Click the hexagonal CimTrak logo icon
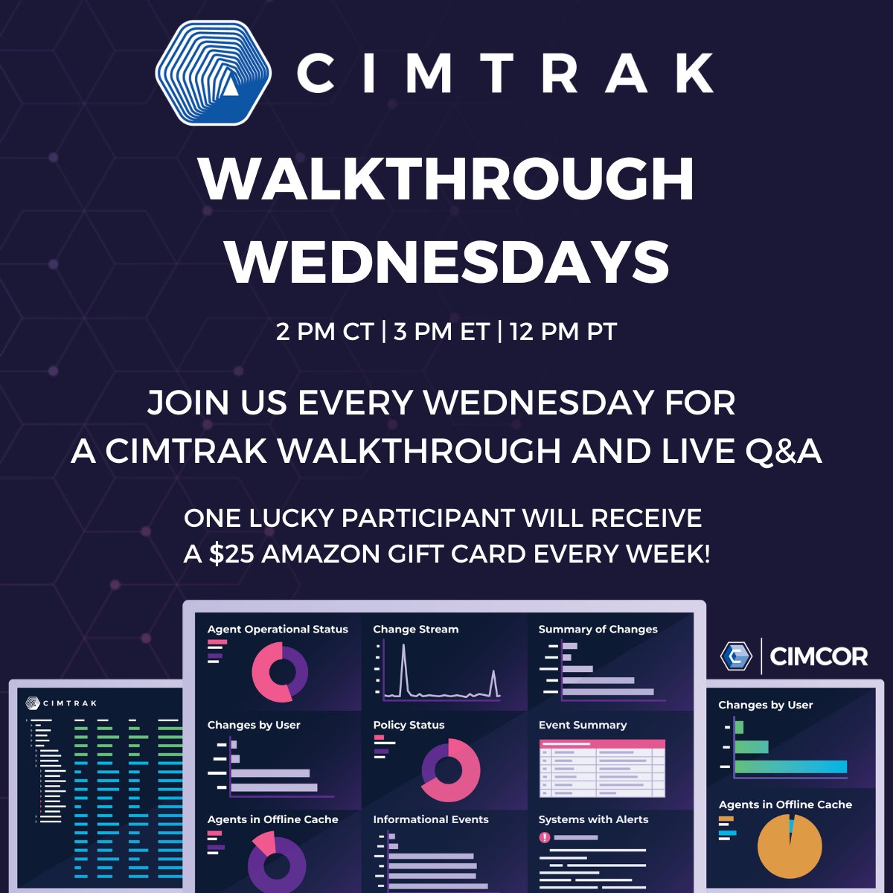213,73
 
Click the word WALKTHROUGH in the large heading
446,179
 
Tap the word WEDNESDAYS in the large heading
446,261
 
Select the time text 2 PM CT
324,332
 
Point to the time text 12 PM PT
563,332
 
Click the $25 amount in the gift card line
231,554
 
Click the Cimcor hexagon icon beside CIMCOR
736,656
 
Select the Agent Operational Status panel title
278,630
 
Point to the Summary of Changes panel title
598,630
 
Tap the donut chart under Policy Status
450,770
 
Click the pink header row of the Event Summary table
602,744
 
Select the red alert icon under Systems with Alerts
545,837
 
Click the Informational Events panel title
431,819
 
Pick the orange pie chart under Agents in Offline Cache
790,846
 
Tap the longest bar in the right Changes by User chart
790,766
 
